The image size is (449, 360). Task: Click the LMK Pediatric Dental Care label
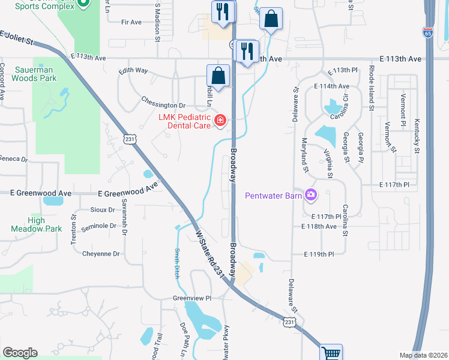184,121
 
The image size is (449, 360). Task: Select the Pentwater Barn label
273,195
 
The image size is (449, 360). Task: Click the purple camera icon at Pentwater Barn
311,194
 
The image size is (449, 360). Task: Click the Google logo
20,353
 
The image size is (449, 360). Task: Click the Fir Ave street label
131,22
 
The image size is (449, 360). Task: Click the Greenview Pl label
193,298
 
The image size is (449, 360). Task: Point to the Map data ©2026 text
423,355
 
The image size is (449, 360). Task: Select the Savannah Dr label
124,217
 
